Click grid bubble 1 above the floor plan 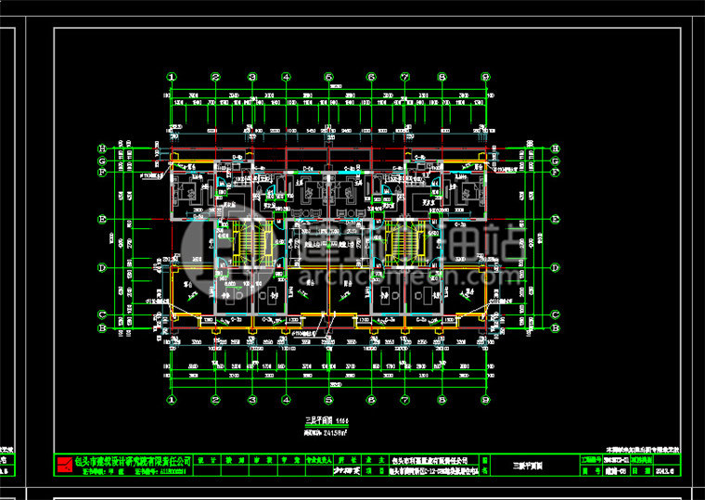[x=171, y=77]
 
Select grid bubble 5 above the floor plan [x=329, y=77]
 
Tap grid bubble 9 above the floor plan [x=486, y=77]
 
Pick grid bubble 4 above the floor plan [x=287, y=77]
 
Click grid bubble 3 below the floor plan [x=251, y=400]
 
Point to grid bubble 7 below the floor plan [x=404, y=400]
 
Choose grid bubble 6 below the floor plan [x=370, y=400]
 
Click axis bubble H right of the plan [x=555, y=148]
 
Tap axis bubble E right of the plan [x=555, y=219]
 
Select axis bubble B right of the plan [x=555, y=327]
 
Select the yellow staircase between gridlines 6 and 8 [x=404, y=242]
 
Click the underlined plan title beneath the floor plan [x=322, y=421]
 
